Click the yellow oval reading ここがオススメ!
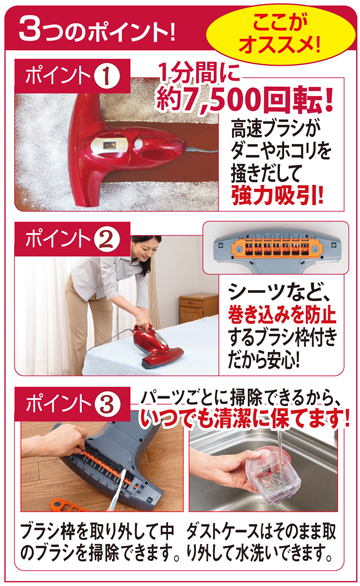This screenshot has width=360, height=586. [x=281, y=35]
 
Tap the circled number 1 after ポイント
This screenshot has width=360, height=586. [x=106, y=75]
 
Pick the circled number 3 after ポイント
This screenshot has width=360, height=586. [x=107, y=404]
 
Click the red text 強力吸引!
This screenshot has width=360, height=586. [x=277, y=195]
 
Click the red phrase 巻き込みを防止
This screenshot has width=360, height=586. [x=282, y=314]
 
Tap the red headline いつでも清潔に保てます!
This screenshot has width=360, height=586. [x=245, y=418]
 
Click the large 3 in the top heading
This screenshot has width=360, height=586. [x=30, y=29]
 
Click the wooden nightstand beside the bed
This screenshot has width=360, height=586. [x=198, y=308]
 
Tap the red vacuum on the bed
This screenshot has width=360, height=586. [x=157, y=345]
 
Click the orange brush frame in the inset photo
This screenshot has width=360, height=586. [x=275, y=247]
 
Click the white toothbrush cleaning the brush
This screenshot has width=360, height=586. [x=117, y=490]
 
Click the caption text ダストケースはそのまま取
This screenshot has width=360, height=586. [x=261, y=531]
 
